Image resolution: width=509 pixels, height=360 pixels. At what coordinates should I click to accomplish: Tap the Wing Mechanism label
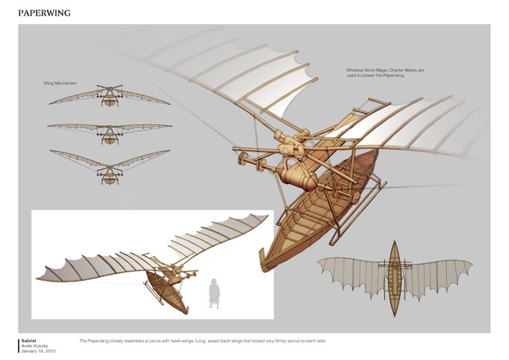pos(61,82)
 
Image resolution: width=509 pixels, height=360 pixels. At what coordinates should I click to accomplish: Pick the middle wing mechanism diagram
pos(110,130)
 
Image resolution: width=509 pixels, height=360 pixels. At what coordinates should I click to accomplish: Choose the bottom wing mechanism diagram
pos(110,166)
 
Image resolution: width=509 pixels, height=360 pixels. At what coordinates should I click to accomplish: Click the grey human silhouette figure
pos(213,293)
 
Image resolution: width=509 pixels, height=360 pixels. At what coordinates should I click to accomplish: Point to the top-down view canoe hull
pos(394,278)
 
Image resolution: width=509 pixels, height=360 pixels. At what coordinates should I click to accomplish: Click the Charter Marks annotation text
pos(385,73)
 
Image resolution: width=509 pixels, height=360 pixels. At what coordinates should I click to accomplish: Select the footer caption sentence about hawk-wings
pos(202,341)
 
